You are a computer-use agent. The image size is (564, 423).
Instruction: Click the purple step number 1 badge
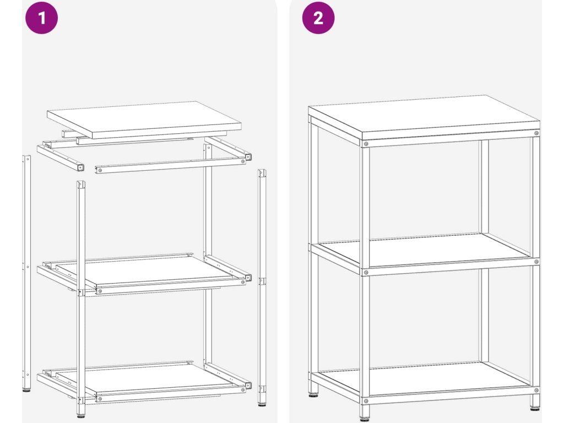pos(42,18)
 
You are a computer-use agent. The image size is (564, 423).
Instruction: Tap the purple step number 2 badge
pos(318,18)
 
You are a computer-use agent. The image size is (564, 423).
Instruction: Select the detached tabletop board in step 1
pos(144,120)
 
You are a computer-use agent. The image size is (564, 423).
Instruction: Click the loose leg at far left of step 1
pos(26,273)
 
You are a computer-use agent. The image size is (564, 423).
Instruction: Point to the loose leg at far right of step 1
pos(262,288)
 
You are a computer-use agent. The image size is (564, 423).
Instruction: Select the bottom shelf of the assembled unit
pos(425,379)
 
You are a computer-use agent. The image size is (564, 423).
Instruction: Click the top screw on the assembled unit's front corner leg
pos(366,144)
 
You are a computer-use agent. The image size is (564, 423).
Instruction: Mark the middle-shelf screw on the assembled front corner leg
pos(366,272)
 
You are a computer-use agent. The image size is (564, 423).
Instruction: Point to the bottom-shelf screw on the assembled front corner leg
pos(366,401)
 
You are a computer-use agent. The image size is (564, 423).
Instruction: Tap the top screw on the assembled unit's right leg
pos(536,133)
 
